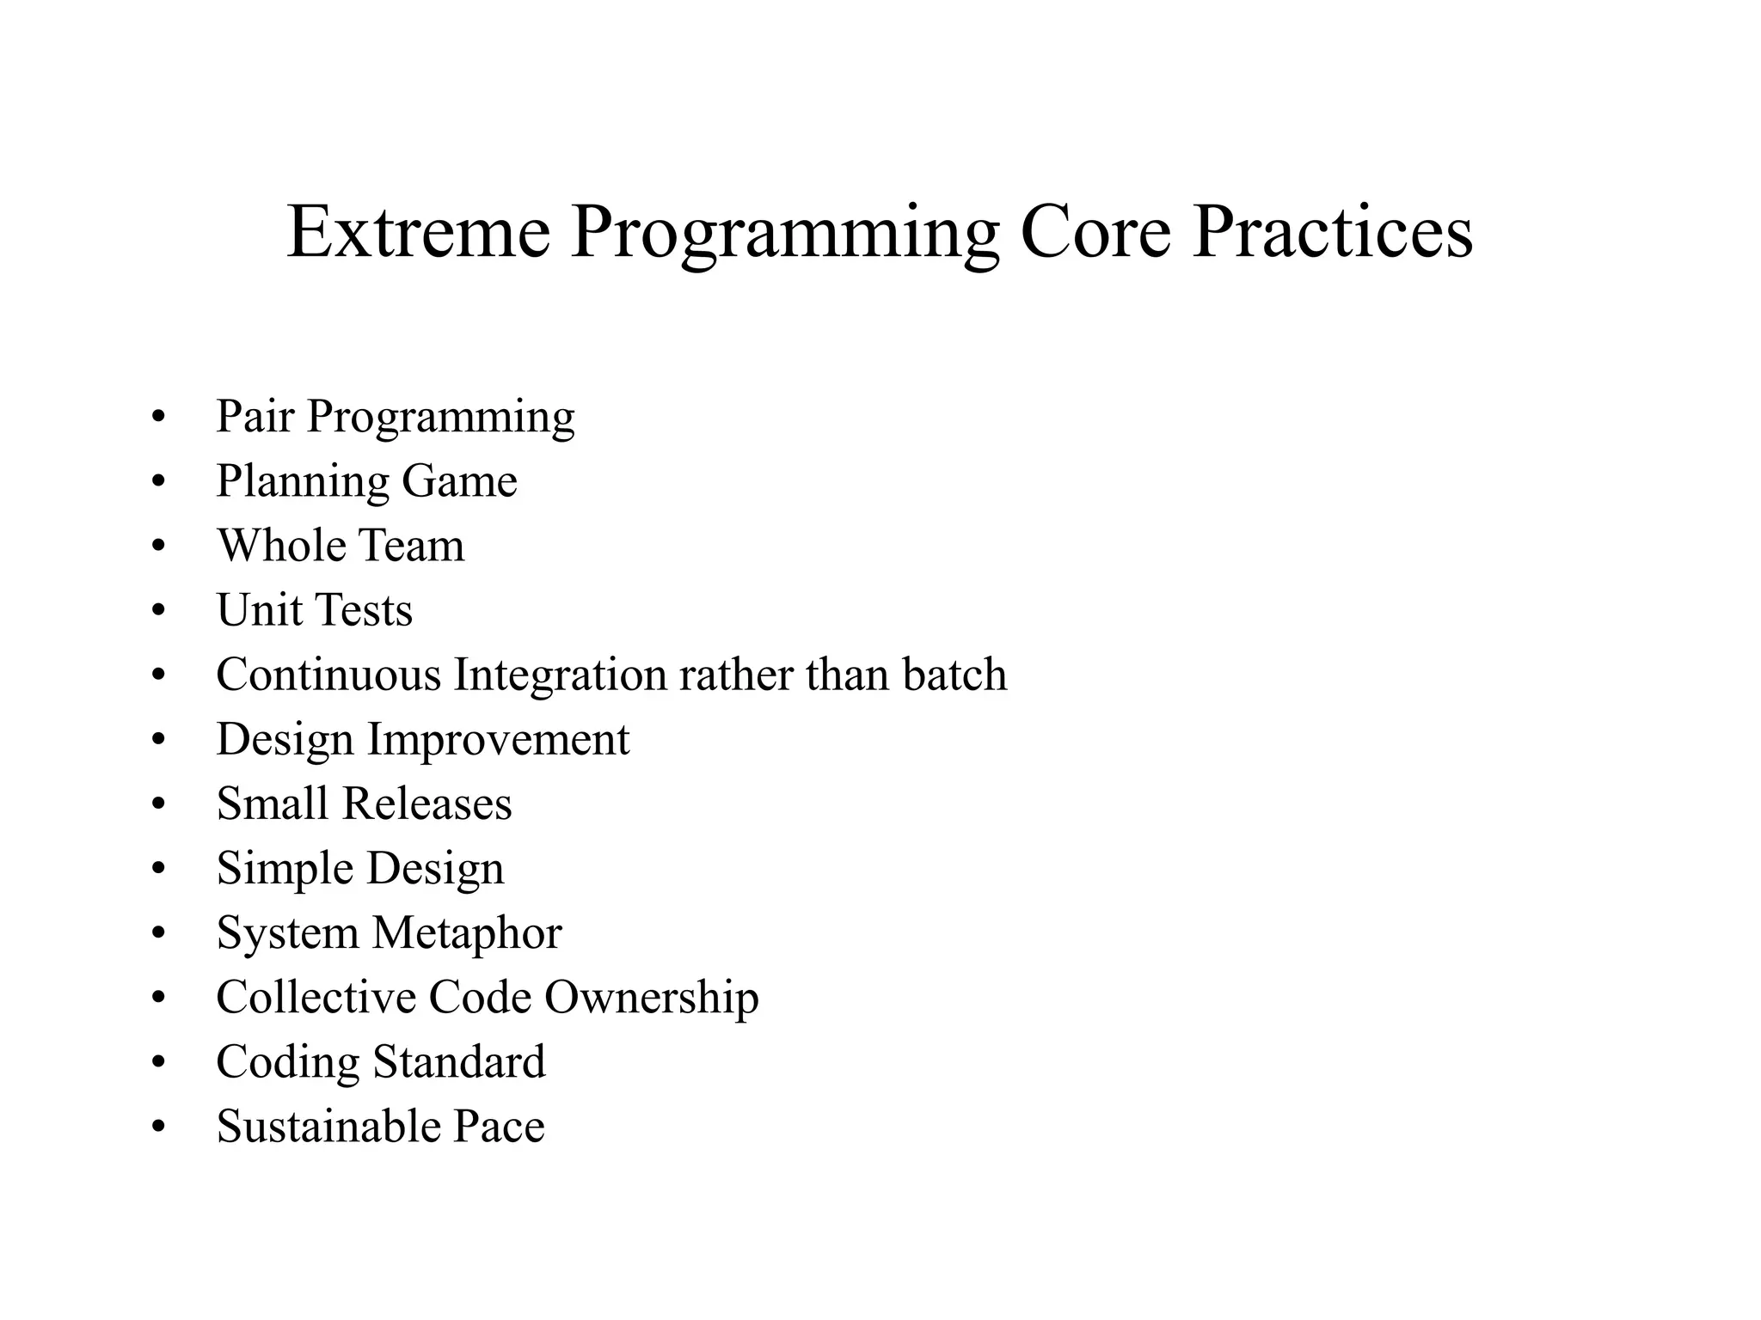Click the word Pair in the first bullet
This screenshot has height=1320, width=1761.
255,417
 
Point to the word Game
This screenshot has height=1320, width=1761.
459,481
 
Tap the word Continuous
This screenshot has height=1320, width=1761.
328,675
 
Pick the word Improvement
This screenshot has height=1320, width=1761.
498,740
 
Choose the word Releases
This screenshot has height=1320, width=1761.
426,804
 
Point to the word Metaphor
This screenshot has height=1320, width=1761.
467,933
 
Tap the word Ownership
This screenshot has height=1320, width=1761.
651,999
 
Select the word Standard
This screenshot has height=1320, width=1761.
458,1062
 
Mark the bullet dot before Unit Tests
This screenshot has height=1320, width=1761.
157,611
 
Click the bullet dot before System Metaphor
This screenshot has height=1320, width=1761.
157,934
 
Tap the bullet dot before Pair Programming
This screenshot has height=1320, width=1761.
157,418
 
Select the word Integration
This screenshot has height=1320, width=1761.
560,675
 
